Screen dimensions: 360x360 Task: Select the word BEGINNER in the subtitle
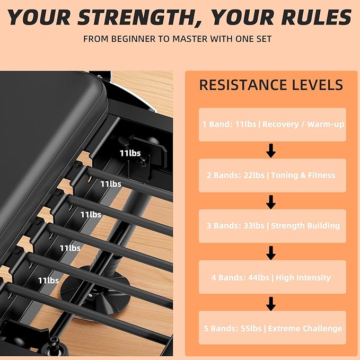pos(133,39)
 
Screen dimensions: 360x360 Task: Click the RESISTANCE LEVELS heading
pos(271,85)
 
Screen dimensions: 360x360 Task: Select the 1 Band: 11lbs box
pos(273,125)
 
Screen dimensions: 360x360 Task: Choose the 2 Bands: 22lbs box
pos(273,175)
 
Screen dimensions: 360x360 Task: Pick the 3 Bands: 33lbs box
pos(273,226)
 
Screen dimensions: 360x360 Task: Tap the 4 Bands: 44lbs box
pos(273,277)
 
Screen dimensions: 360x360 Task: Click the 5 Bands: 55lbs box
pos(273,328)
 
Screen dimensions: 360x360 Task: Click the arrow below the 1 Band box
pos(271,151)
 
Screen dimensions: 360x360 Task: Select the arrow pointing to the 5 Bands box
pos(271,304)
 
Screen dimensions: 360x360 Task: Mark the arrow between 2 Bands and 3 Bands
pos(271,202)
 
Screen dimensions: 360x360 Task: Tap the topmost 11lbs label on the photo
pos(130,153)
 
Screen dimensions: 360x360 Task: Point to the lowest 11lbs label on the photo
pos(48,280)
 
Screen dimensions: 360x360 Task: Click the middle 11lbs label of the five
pos(91,215)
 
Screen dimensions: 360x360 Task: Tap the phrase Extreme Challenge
pos(305,329)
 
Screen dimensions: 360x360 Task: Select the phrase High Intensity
pos(303,278)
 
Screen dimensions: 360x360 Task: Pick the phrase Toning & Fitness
pos(303,175)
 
